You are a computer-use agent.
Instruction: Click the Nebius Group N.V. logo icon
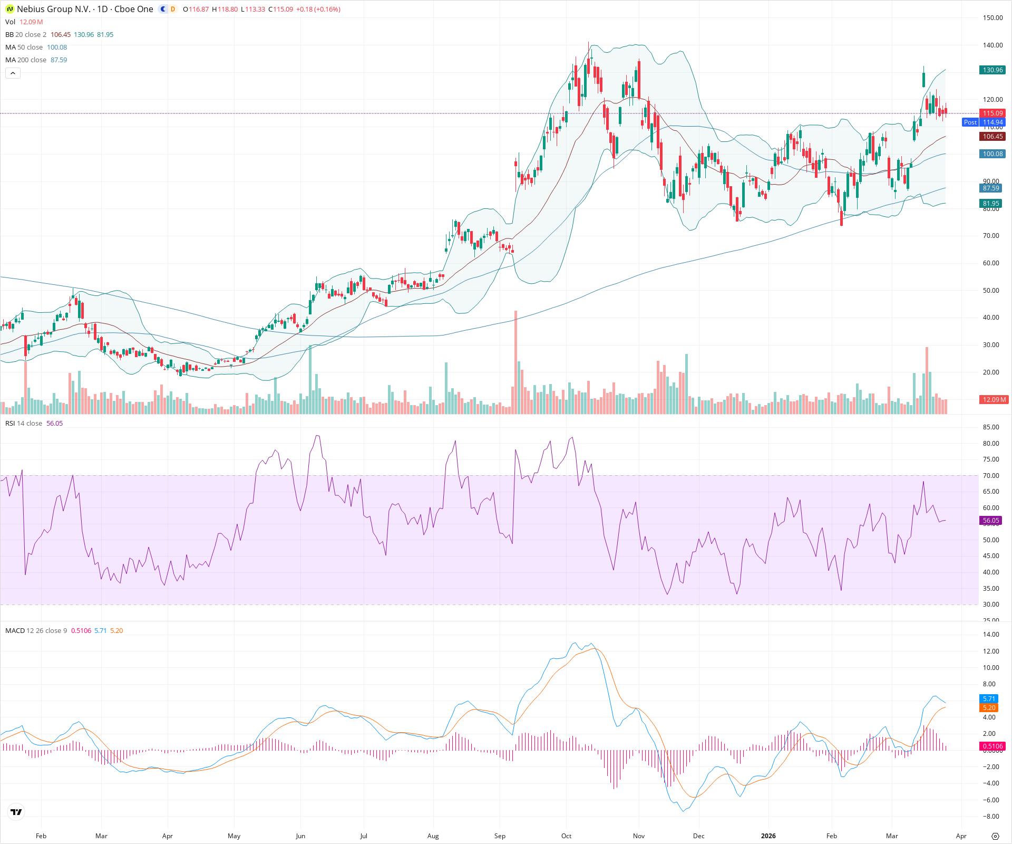pyautogui.click(x=9, y=9)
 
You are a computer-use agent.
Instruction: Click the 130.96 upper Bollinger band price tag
pyautogui.click(x=992, y=70)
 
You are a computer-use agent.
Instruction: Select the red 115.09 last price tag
pyautogui.click(x=992, y=113)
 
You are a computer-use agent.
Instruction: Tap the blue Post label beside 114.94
pyautogui.click(x=970, y=122)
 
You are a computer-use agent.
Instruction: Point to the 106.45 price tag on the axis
pyautogui.click(x=992, y=137)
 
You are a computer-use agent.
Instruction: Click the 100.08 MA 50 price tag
pyautogui.click(x=992, y=154)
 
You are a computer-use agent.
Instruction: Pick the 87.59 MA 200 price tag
pyautogui.click(x=991, y=188)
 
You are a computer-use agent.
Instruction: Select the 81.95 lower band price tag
pyautogui.click(x=991, y=204)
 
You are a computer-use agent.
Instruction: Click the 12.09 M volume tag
pyautogui.click(x=994, y=400)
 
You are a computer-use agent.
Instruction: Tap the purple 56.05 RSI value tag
pyautogui.click(x=991, y=521)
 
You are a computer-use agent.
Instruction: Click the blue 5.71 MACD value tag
pyautogui.click(x=989, y=699)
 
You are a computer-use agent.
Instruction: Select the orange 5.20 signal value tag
pyautogui.click(x=989, y=708)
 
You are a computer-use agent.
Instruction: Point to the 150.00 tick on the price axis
pyautogui.click(x=992, y=18)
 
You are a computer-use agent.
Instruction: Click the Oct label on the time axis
pyautogui.click(x=566, y=836)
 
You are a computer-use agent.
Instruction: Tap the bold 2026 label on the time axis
pyautogui.click(x=768, y=836)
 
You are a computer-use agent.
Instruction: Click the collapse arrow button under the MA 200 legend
pyautogui.click(x=13, y=73)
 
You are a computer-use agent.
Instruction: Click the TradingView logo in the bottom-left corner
pyautogui.click(x=16, y=812)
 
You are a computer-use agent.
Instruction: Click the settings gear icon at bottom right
pyautogui.click(x=995, y=836)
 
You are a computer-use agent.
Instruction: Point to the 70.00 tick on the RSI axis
pyautogui.click(x=991, y=476)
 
